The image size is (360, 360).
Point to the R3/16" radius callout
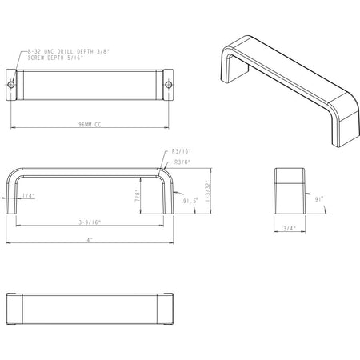click(181, 150)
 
